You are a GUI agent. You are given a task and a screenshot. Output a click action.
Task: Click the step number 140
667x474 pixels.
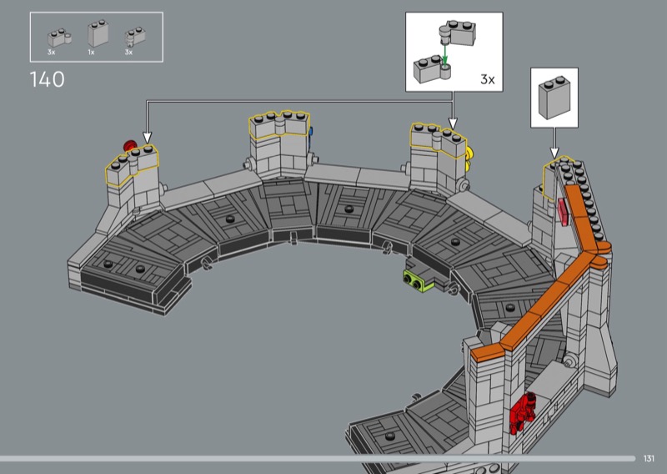coord(47,79)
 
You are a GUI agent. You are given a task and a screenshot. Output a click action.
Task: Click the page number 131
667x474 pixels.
coord(649,458)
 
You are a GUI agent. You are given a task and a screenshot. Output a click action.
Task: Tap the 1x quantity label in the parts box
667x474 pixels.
coord(91,53)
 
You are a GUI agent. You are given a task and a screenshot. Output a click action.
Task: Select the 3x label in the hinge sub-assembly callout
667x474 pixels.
coord(488,79)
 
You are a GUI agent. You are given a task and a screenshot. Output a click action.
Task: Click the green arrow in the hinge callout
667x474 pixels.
coord(445,55)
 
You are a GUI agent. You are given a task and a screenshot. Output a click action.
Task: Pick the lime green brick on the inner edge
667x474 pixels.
coord(418,280)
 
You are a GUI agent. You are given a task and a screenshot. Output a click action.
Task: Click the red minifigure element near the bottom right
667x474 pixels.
coord(523,411)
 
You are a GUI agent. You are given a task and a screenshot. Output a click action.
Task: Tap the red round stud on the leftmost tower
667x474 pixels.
coord(129,146)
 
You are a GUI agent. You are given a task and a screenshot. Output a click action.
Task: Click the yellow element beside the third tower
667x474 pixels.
coord(469,159)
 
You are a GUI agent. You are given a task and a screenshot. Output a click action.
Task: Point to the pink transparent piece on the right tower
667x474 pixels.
coord(563,212)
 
